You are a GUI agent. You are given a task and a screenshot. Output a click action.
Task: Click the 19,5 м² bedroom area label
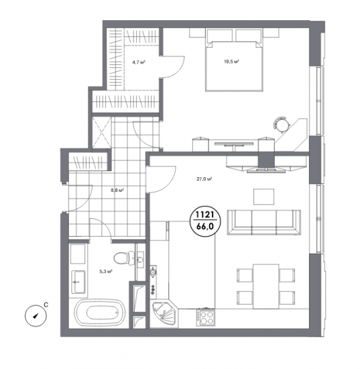pos(231,62)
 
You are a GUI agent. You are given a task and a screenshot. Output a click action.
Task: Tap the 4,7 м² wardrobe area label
pos(138,62)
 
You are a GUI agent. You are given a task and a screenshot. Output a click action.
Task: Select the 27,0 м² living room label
pos(204,179)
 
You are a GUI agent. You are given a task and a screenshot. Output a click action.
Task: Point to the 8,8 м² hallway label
pos(117,190)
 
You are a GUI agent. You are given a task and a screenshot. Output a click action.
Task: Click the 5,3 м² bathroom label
pos(105,271)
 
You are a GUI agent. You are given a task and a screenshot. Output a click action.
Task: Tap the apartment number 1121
pos(205,215)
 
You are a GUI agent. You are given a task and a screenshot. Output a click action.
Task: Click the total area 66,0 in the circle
pos(205,226)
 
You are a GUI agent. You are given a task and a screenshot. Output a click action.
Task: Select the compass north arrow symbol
pos(36,316)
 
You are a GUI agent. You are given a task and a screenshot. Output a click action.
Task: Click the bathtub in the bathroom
pos(100,312)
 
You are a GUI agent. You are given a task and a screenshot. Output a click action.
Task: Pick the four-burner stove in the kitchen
pos(205,317)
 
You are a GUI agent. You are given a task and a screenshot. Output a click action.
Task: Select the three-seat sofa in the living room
pos(264,222)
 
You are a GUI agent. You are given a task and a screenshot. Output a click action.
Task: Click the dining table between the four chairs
pos(266,286)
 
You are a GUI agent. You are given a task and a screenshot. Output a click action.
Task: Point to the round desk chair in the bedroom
pos(281,124)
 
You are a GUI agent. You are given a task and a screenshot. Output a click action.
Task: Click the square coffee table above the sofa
pos(264,197)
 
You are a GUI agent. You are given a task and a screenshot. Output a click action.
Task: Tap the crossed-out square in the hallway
pos(101,133)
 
